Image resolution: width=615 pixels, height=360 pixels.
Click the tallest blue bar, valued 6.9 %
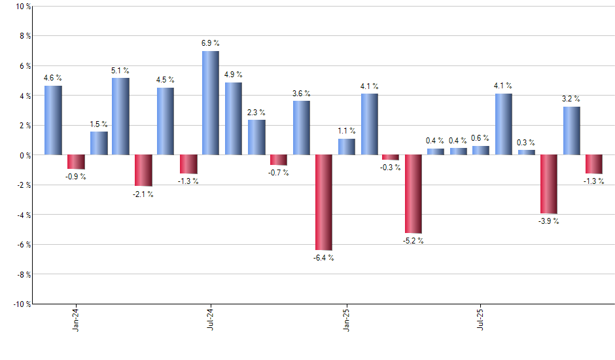[211, 103]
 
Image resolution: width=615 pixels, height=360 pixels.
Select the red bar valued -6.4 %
[324, 202]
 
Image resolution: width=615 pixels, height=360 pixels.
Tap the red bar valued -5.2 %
[413, 194]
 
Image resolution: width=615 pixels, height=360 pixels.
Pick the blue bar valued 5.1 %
[120, 117]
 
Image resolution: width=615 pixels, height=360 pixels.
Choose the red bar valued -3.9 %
[549, 184]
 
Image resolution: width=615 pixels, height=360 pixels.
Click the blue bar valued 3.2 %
[571, 131]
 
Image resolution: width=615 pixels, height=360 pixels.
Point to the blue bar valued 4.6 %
[53, 120]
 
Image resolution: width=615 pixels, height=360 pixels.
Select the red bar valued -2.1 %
[143, 170]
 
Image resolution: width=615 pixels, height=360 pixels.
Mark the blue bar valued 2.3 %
[256, 137]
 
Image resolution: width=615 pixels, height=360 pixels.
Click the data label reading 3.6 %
[301, 93]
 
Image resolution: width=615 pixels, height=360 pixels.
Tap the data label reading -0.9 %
[76, 177]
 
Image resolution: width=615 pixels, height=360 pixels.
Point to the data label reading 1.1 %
[347, 131]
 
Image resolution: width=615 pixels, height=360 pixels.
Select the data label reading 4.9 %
[234, 75]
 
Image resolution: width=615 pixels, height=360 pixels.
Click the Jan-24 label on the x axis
[77, 317]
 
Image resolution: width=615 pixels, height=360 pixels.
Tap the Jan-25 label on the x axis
[347, 317]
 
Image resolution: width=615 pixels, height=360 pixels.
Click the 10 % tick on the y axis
[22, 7]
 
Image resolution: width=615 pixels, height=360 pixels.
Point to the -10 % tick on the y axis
[20, 304]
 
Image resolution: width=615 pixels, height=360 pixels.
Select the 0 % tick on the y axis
[24, 155]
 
